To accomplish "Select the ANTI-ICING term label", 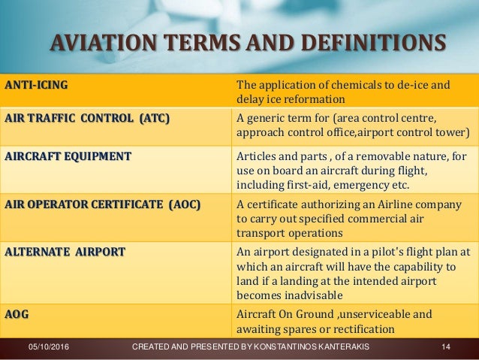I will tap(35, 85).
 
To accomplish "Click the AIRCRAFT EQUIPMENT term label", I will tap(68, 156).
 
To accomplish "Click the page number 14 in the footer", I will tap(445, 346).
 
